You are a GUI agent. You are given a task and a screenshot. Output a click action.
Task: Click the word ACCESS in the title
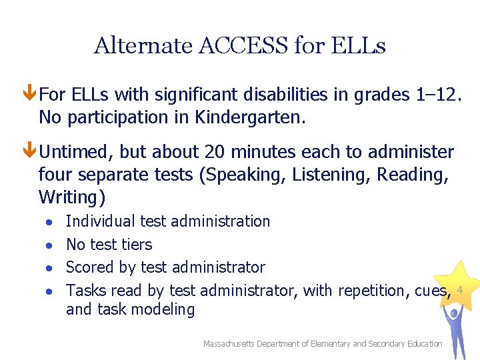tap(251, 46)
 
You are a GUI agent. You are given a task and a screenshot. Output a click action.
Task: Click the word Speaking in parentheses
tap(233, 175)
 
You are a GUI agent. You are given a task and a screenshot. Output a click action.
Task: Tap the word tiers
tap(135, 245)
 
